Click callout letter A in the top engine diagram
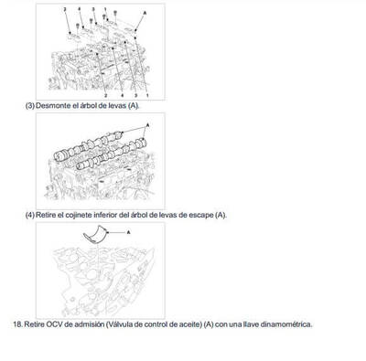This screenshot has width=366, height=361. pos(142,14)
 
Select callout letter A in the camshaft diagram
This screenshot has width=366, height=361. pos(147,123)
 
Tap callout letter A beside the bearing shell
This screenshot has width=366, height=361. pos(129,233)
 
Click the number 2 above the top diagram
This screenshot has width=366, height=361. pos(65,9)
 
